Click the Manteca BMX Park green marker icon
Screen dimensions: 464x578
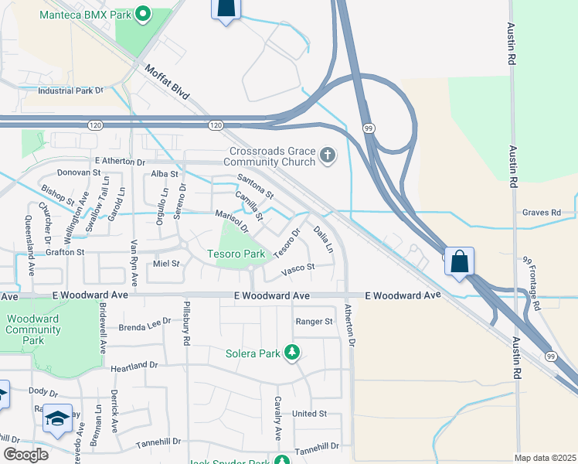coord(142,13)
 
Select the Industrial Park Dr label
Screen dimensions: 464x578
coord(70,90)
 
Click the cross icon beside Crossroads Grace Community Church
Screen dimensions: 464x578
coord(328,156)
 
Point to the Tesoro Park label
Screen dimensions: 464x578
coord(236,254)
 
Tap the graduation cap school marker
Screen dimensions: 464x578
coord(57,418)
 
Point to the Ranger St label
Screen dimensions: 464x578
coord(314,322)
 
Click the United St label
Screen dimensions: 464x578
coord(310,415)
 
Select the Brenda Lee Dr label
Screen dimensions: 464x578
coord(144,326)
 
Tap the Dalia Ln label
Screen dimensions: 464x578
coord(323,238)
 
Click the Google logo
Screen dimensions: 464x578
coord(26,455)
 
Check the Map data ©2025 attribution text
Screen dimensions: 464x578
coord(544,458)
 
